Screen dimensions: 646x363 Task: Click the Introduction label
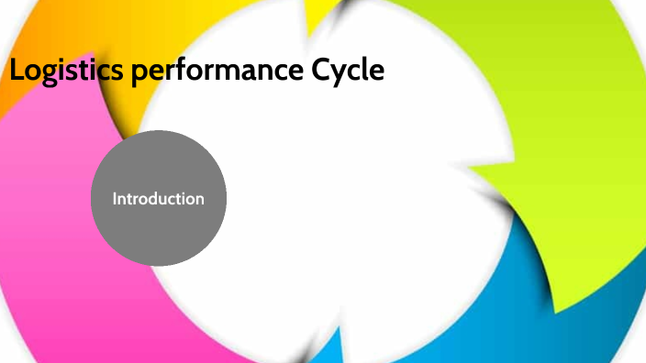pyautogui.click(x=159, y=198)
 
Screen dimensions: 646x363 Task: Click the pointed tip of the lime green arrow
pyautogui.click(x=469, y=169)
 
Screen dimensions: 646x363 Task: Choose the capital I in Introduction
pyautogui.click(x=115, y=198)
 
